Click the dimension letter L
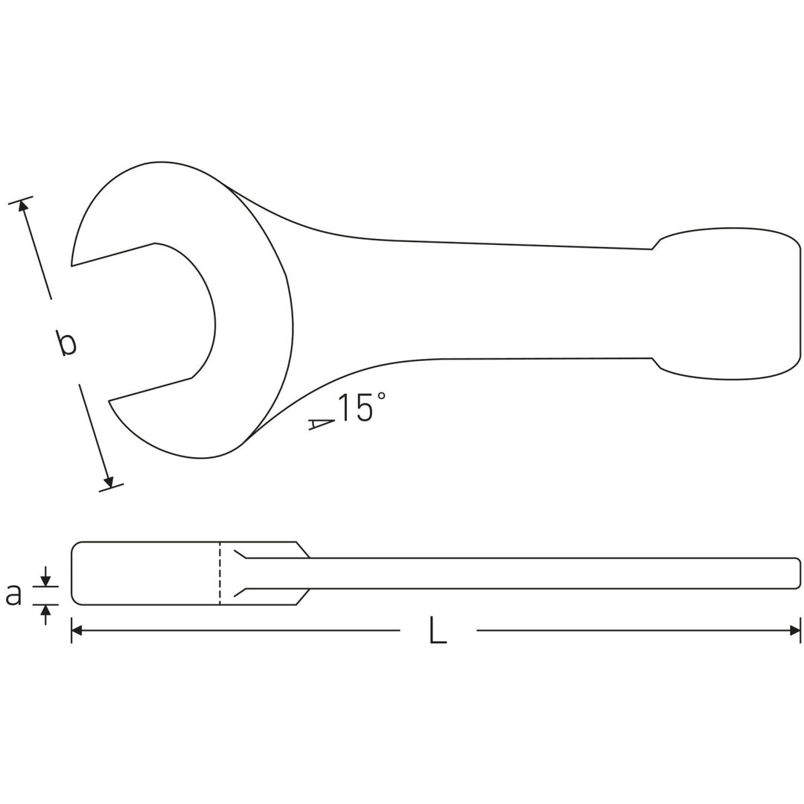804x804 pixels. point(438,631)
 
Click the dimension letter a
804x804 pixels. point(13,594)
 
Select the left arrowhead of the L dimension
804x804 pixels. point(77,631)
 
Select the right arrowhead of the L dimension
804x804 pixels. point(795,631)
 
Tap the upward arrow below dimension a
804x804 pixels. point(45,610)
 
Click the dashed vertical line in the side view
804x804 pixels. point(220,573)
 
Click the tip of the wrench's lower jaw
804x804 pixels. point(110,401)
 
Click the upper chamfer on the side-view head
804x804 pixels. point(303,549)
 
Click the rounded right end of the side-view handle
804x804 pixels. point(799,573)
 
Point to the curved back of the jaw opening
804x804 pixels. point(214,324)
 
